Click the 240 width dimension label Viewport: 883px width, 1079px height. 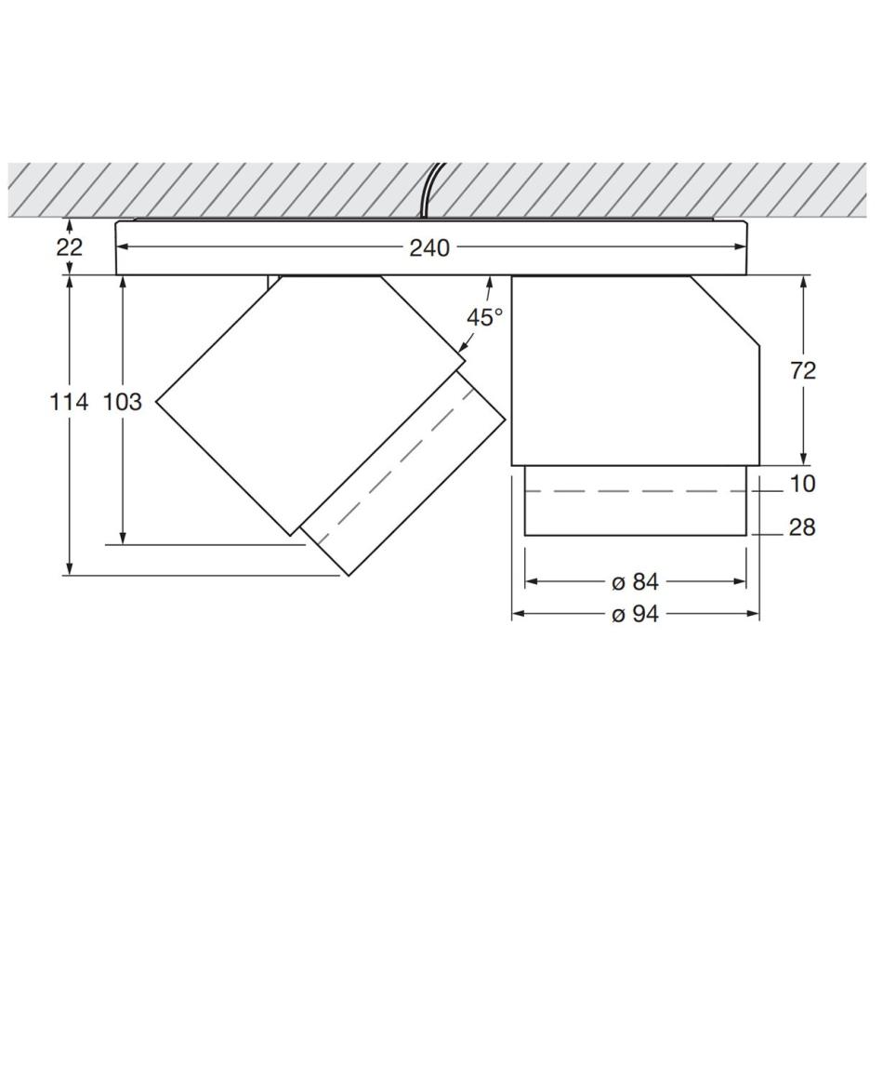click(429, 247)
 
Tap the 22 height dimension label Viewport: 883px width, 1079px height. click(70, 246)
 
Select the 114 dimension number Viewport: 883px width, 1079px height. click(70, 402)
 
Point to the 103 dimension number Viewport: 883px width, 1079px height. click(123, 402)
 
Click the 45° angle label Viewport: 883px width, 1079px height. click(485, 317)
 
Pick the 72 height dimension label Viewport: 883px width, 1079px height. click(802, 371)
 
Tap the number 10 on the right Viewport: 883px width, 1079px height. click(802, 484)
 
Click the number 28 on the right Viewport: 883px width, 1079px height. click(802, 527)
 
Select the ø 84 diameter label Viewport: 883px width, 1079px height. click(635, 582)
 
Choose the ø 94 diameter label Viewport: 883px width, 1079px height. click(635, 614)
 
